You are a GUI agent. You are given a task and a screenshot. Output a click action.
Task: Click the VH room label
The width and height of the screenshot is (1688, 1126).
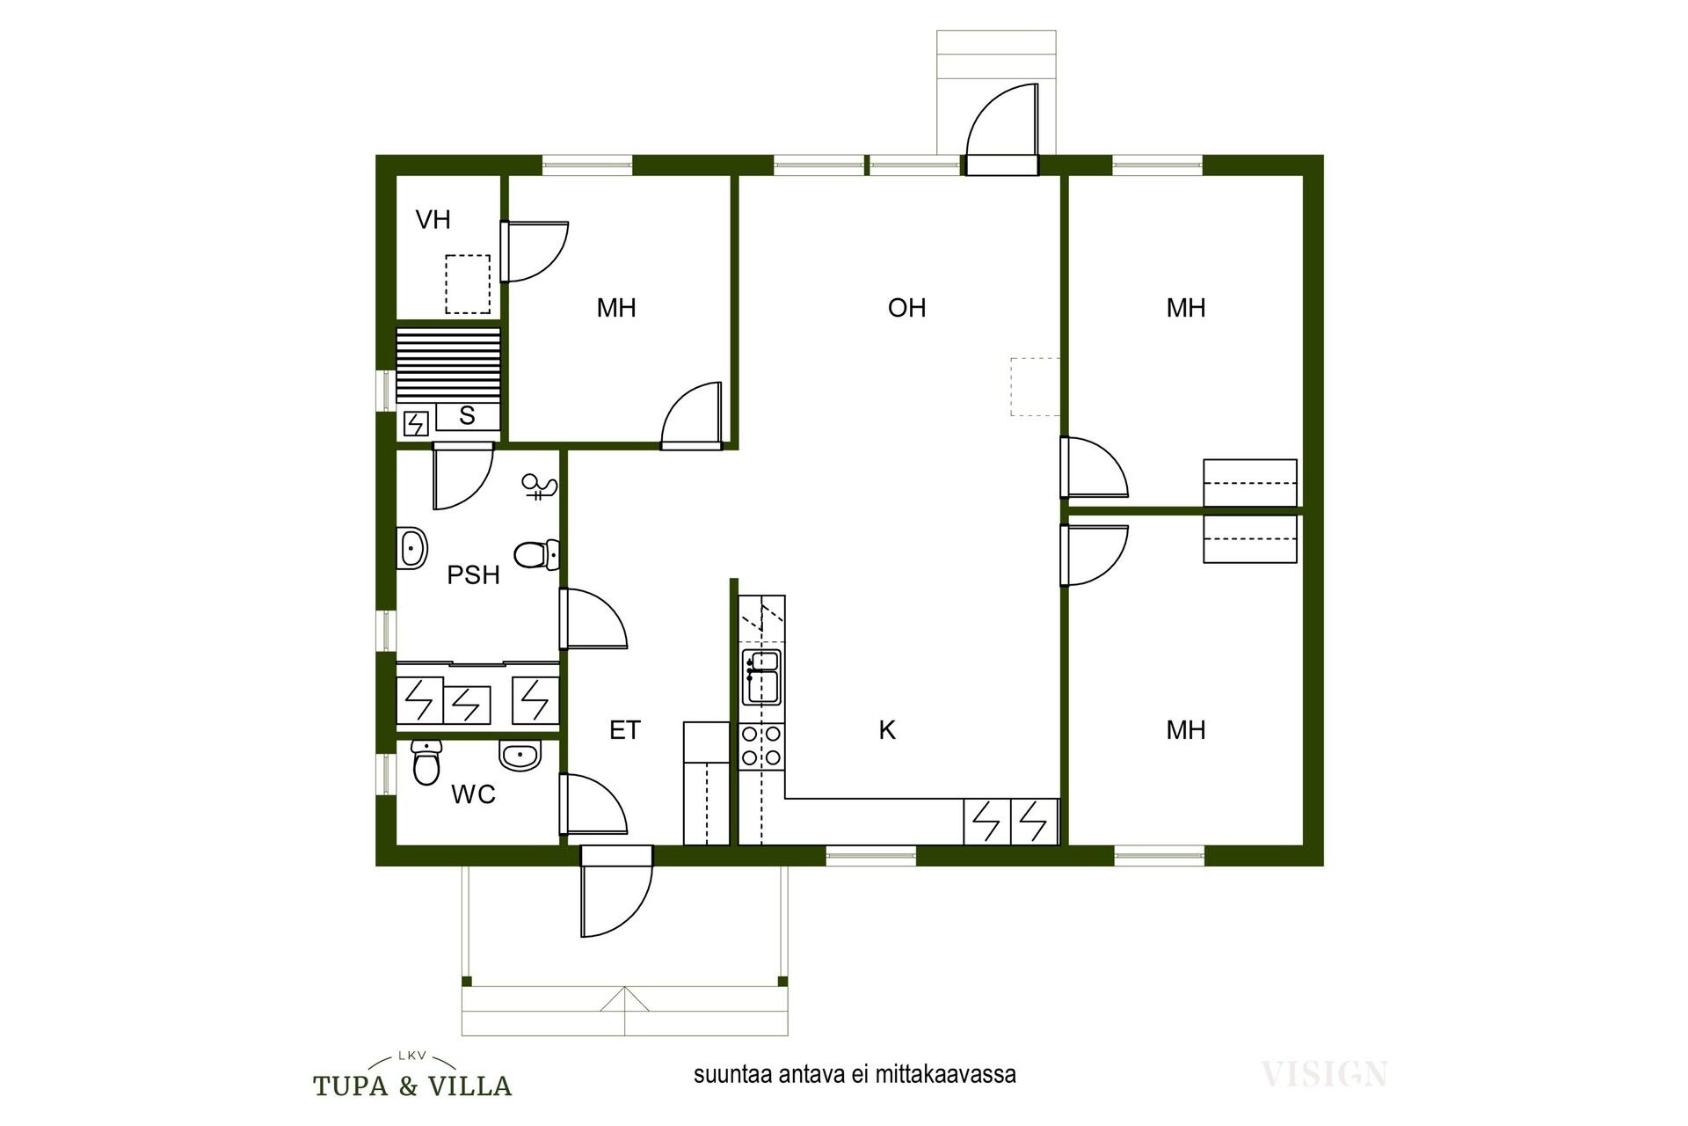point(433,219)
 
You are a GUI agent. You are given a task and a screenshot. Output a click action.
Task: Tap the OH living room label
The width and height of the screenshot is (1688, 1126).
point(906,308)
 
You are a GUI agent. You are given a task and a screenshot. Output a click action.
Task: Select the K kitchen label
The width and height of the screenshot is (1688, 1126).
point(888,729)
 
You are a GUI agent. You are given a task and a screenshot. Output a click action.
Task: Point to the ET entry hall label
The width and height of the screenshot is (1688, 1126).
point(625,730)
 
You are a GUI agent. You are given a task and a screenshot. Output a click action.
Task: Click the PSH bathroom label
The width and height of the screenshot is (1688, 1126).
point(473,575)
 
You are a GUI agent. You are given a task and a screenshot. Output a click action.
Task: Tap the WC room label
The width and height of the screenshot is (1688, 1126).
point(473,795)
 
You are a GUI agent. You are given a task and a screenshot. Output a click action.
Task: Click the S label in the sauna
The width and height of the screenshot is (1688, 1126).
point(467,415)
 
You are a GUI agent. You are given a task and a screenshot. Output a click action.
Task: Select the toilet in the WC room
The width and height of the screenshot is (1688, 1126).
point(426,762)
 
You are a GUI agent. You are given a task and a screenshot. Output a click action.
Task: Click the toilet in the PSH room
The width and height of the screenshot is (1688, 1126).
point(536,554)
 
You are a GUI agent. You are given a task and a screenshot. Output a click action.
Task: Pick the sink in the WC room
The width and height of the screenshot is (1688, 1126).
point(520,755)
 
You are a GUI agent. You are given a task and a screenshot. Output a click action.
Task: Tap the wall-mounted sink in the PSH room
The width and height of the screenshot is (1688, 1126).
point(411,548)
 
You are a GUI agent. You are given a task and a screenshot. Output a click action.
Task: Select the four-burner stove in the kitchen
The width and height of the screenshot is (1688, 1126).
point(761,745)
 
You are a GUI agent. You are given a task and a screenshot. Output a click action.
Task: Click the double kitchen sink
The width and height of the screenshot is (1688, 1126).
point(761,677)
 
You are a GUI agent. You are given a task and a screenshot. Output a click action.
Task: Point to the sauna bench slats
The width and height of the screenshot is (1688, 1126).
point(448,364)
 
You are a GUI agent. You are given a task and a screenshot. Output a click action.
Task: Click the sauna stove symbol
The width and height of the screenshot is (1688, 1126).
point(415,425)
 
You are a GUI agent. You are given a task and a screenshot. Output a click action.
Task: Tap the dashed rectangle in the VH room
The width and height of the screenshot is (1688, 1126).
point(467,284)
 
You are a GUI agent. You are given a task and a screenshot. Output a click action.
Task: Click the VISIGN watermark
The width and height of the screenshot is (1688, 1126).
point(1325,1073)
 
